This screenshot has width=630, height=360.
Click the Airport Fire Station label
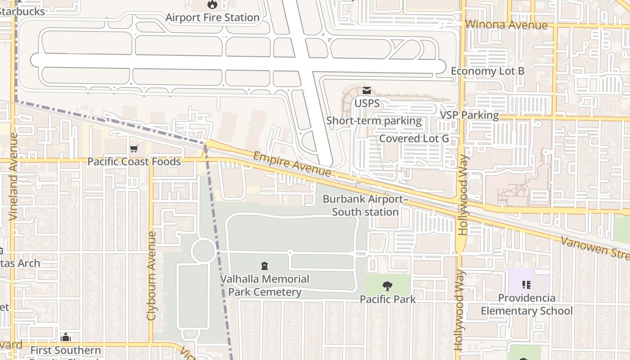[x=212, y=18]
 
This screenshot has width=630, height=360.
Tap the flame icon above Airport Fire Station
[x=212, y=5]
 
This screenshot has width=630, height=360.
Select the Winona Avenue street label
[x=507, y=25]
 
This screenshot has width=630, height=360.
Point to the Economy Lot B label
[x=487, y=71]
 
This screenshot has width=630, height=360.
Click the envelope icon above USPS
[x=367, y=90]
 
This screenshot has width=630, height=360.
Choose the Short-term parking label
[x=373, y=121]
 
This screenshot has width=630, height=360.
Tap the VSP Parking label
[x=469, y=115]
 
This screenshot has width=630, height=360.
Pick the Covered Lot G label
[x=414, y=138]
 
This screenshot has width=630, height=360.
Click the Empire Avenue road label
[x=292, y=164]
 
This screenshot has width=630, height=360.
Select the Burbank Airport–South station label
[x=365, y=205]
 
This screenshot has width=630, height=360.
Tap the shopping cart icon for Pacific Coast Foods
[x=134, y=149]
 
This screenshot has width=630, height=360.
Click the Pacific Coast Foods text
[x=134, y=162]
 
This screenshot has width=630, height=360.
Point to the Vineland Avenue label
[x=13, y=176]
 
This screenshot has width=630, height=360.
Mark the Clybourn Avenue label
[x=151, y=275]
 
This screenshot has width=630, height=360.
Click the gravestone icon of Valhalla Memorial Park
[x=264, y=266]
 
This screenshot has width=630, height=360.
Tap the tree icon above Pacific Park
[x=387, y=286]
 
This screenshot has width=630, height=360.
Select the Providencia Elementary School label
[x=526, y=304]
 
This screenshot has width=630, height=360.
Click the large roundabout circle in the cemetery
[x=203, y=251]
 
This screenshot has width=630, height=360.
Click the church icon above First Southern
[x=66, y=337]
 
